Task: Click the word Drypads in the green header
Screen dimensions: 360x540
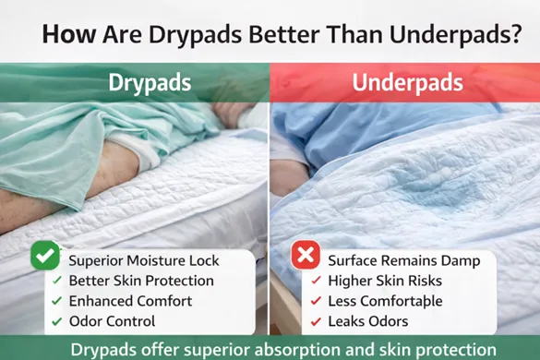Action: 150,83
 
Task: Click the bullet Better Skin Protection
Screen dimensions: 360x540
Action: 141,280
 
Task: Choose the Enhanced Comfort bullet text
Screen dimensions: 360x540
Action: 130,301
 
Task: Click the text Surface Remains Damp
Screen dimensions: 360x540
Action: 403,260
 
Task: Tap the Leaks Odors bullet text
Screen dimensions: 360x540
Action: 375,321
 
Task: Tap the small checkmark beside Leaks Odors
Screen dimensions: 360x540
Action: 318,321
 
